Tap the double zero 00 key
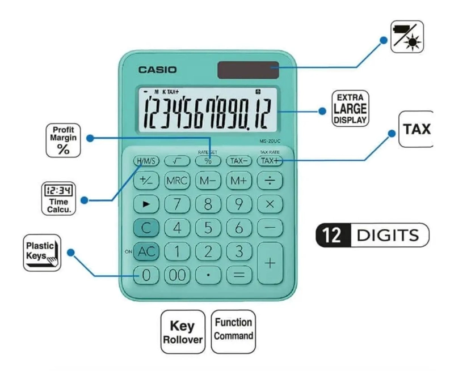(177, 275)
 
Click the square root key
(177, 161)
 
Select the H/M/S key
(146, 161)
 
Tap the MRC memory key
(177, 181)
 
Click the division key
(270, 181)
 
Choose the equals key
(239, 275)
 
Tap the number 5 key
(208, 228)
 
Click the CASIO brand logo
(157, 70)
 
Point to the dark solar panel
(248, 70)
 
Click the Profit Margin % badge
(63, 140)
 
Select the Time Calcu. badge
(59, 199)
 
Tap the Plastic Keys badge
(42, 253)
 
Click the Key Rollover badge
(183, 332)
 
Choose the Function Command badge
(233, 332)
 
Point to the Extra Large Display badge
(350, 109)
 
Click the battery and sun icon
(407, 37)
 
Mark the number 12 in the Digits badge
(332, 235)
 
